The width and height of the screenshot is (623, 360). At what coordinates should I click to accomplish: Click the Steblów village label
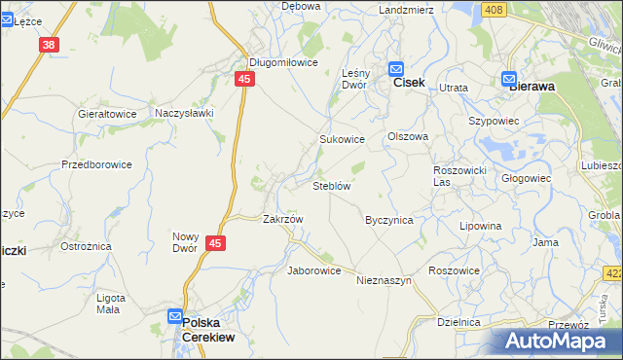(331, 185)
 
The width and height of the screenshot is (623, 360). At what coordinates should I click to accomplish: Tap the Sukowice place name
(342, 139)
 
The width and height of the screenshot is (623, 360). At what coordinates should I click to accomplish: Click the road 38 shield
(50, 45)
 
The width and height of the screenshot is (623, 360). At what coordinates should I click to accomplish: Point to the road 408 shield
(494, 10)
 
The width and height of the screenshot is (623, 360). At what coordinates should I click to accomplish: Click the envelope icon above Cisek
(396, 68)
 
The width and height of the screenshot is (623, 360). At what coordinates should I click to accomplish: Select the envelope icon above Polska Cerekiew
(174, 317)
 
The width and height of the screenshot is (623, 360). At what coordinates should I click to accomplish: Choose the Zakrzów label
(283, 219)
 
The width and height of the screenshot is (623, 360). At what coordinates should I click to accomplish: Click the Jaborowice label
(313, 270)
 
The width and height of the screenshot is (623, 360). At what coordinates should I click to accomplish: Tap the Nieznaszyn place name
(385, 280)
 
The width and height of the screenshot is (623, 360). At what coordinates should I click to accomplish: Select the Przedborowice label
(96, 164)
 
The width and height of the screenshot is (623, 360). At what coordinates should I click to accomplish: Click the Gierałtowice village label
(107, 113)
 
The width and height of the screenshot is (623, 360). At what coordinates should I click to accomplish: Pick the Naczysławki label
(184, 113)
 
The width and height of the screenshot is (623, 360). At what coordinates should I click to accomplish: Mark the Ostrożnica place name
(86, 246)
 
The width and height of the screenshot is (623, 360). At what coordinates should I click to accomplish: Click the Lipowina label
(482, 226)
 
